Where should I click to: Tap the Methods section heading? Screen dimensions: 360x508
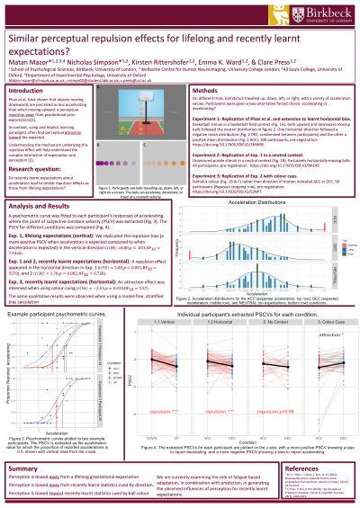209,92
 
